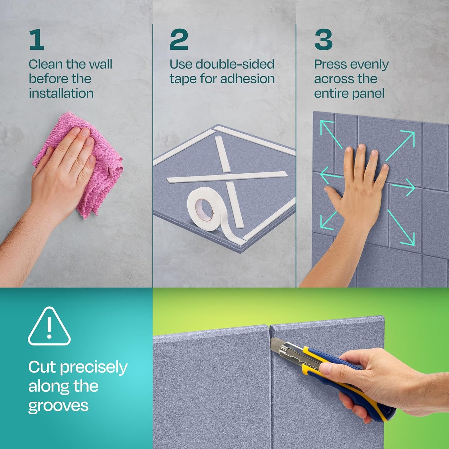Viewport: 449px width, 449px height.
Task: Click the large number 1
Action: click(x=37, y=39)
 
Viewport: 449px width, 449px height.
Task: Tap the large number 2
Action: click(x=179, y=39)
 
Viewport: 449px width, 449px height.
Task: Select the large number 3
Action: click(x=323, y=39)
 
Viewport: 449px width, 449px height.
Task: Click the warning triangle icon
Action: click(x=49, y=327)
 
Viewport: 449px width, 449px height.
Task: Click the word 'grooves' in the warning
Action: click(x=58, y=406)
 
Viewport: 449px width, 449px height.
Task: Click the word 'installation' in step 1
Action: click(x=61, y=93)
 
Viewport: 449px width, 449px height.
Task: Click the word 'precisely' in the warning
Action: click(x=94, y=367)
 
